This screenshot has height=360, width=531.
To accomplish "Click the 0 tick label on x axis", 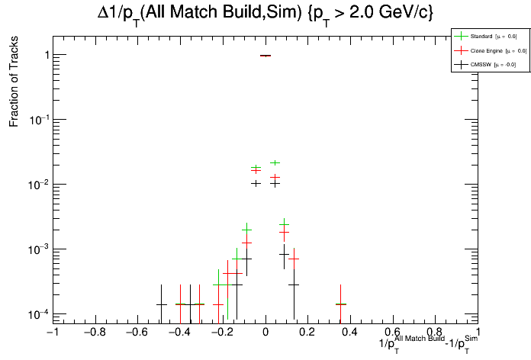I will click(265, 333).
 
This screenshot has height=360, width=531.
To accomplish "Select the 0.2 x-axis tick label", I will click(307, 333).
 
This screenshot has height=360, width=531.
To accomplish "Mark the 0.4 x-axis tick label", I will click(349, 333).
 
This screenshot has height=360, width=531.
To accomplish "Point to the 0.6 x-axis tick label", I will click(392, 333).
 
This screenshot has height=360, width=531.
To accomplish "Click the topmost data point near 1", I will click(265, 56).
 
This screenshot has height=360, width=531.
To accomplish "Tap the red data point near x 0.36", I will click(341, 304).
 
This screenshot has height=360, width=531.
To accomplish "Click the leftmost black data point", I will click(162, 304).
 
